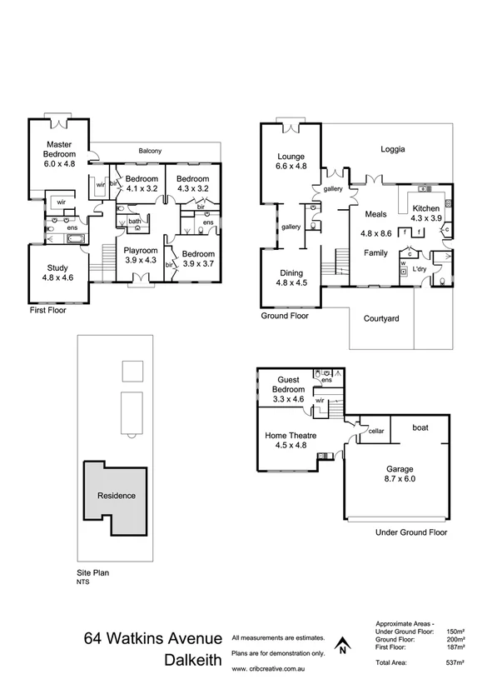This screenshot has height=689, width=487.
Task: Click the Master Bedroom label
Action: point(60,148)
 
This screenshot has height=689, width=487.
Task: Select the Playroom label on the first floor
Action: point(141,250)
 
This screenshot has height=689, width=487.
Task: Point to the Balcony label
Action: point(151,151)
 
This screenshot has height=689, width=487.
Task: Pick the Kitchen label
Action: point(425,207)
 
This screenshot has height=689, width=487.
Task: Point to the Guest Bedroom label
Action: point(289,384)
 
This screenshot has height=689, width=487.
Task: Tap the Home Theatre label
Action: point(286,435)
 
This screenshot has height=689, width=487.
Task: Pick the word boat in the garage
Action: point(420,427)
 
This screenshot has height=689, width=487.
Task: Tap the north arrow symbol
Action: point(341,645)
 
